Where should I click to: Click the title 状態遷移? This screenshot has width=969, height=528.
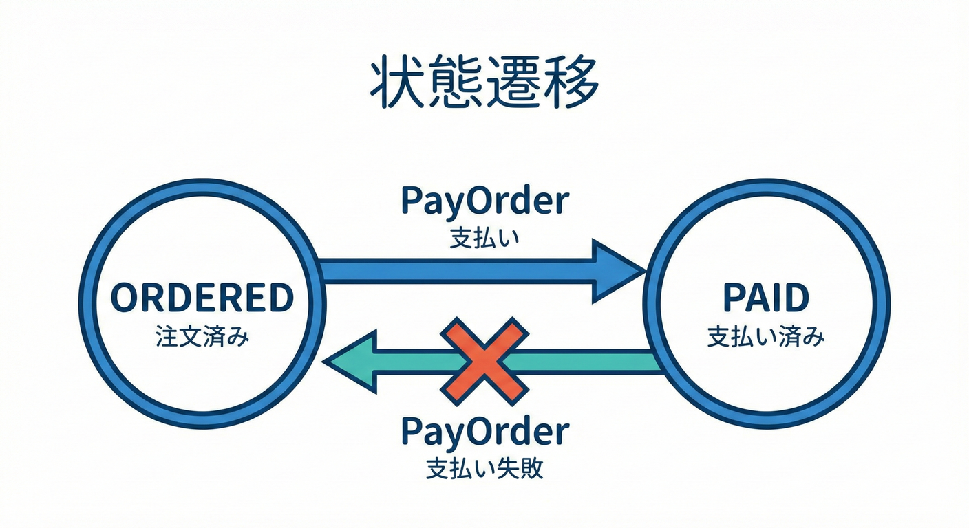pyautogui.click(x=484, y=85)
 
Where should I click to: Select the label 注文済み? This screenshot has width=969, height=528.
pyautogui.click(x=202, y=338)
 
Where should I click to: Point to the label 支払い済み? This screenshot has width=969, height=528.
pyautogui.click(x=766, y=338)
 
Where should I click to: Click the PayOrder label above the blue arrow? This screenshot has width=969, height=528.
pyautogui.click(x=484, y=201)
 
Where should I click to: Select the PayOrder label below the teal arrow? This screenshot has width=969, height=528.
pyautogui.click(x=484, y=432)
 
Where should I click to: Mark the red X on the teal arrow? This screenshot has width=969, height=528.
pyautogui.click(x=484, y=358)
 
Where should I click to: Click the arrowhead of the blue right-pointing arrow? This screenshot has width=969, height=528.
pyautogui.click(x=617, y=271)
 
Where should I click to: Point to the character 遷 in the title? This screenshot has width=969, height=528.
pyautogui.click(x=513, y=85)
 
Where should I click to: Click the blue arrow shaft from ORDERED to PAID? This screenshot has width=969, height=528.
pyautogui.click(x=454, y=271)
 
